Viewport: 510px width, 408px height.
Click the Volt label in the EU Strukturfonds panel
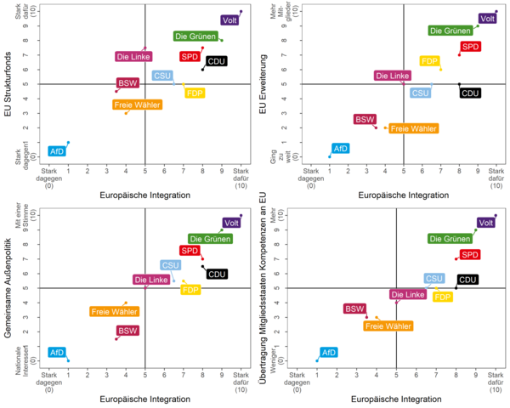click(x=229, y=20)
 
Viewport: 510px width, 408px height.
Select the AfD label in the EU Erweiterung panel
click(x=340, y=148)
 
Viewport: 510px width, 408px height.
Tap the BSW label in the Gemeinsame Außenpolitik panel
click(x=127, y=330)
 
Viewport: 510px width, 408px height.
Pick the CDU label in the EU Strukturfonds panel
click(x=216, y=61)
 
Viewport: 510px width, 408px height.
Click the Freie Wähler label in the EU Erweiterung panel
click(x=414, y=128)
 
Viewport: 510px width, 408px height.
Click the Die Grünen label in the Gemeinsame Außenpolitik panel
click(x=208, y=239)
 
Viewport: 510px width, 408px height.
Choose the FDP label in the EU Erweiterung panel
click(x=429, y=61)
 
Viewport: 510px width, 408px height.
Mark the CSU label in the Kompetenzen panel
click(x=434, y=278)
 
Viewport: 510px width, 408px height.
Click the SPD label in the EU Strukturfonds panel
click(x=190, y=56)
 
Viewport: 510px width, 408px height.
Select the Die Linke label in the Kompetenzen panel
click(x=408, y=295)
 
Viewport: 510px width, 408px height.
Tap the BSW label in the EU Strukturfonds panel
click(x=127, y=83)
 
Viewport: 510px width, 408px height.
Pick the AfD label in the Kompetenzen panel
click(x=328, y=351)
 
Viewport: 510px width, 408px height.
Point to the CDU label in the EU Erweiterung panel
click(x=470, y=92)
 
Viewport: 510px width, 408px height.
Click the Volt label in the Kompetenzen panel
click(x=486, y=224)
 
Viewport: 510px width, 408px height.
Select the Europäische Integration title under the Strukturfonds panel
click(x=145, y=195)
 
